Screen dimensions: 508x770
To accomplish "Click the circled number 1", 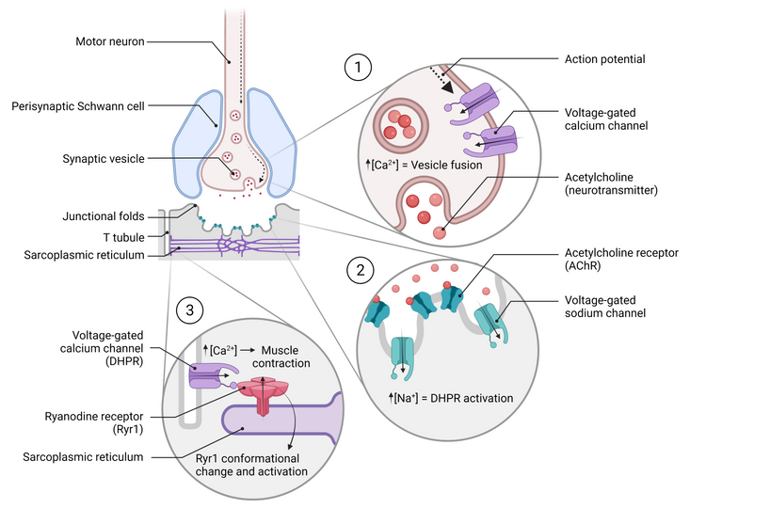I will [357, 67].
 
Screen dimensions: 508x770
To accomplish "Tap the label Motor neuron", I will [110, 41].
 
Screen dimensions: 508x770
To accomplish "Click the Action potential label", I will [604, 59].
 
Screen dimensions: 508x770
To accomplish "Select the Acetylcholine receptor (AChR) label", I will [619, 259].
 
